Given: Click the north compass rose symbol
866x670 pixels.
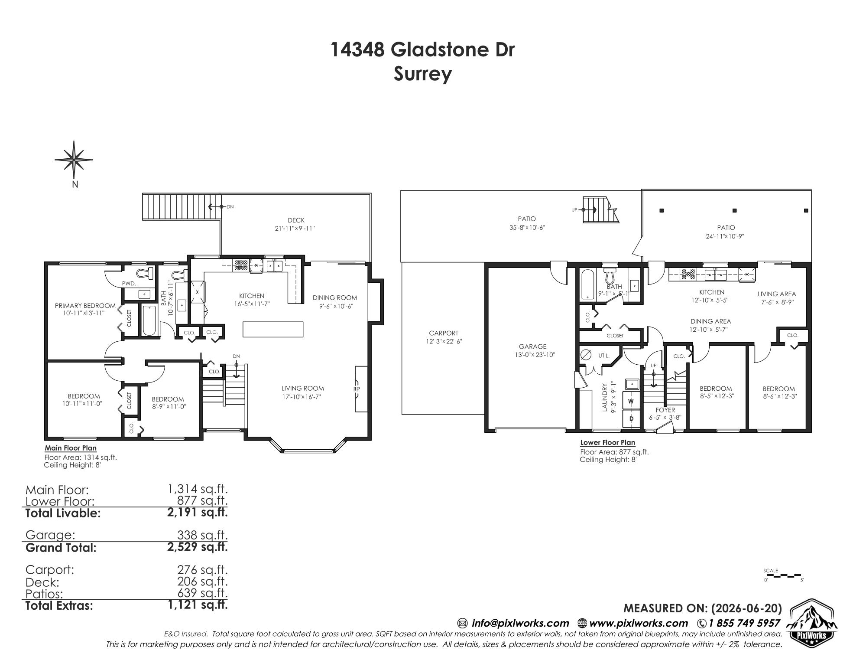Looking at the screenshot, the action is coord(74,160).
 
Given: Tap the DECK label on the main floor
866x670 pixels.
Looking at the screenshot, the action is coord(296,220).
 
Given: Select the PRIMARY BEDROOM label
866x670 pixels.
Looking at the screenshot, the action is coord(85,306).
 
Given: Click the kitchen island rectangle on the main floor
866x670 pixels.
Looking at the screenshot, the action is coord(272,329).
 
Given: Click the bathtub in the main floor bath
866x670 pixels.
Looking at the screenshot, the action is coord(149,320).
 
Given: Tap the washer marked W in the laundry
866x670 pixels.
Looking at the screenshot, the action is coord(631,401).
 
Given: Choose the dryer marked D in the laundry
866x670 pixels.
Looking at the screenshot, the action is coord(631,418).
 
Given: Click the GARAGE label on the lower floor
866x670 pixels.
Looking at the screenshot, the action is coord(532,346).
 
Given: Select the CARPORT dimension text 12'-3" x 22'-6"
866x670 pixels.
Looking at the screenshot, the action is coord(444,341).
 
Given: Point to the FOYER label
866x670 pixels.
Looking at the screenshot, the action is coord(665,410).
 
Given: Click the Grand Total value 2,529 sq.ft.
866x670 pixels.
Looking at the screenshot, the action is coord(198,547).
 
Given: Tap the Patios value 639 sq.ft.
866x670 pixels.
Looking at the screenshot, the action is coord(202,592).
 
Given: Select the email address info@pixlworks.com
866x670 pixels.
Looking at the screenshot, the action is coord(520,623).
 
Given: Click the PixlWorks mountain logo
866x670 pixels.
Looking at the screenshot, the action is coord(811,621).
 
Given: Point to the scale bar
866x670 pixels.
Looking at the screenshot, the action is coord(784,576).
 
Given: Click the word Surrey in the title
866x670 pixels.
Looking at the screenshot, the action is coord(423,74).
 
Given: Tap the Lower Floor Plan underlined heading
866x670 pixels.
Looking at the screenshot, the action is coord(607,443).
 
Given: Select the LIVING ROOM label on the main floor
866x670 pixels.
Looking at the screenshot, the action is coord(302,389).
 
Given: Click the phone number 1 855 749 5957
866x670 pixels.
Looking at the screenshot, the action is coord(744,623).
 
